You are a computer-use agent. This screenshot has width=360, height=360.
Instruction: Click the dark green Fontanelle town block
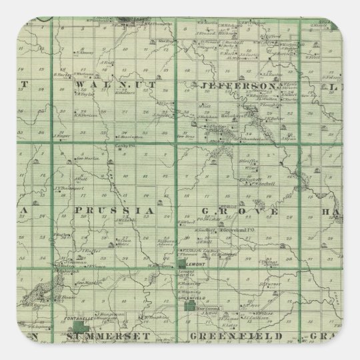coord(82,329)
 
